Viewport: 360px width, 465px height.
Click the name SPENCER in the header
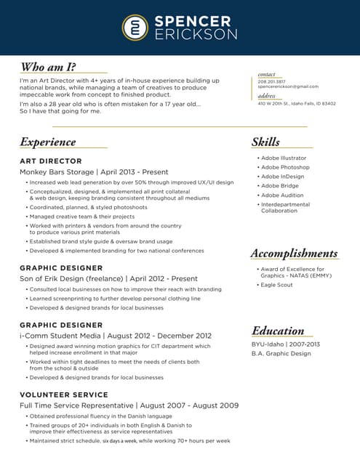click(x=193, y=21)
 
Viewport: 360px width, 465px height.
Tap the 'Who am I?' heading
click(x=48, y=68)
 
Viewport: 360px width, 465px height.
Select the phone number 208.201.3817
click(x=271, y=81)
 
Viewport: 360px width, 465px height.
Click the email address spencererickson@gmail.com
click(x=288, y=86)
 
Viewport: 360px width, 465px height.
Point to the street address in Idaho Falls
click(x=296, y=103)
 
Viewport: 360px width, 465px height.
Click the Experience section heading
click(x=48, y=142)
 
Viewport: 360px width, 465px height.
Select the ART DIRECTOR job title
click(x=51, y=161)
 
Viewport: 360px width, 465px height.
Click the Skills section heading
click(x=265, y=142)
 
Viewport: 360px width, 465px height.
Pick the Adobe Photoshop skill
click(x=285, y=167)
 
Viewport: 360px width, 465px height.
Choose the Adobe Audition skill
click(x=282, y=195)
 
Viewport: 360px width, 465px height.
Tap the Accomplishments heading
click(x=294, y=253)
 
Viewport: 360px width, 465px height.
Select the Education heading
click(x=278, y=331)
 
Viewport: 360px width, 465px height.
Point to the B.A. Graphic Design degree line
click(x=281, y=354)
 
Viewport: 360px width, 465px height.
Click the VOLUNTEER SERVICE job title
click(x=64, y=395)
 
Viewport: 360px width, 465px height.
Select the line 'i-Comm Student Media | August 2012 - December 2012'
click(x=116, y=336)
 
